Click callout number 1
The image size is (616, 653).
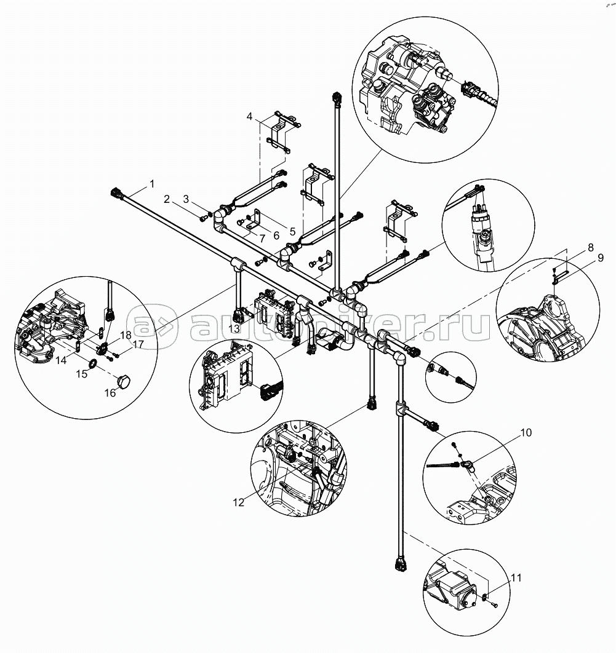tap(152, 184)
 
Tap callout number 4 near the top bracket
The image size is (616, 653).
tap(249, 116)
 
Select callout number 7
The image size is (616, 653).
tap(262, 239)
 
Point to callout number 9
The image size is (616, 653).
tap(600, 258)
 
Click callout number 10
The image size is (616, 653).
tap(526, 433)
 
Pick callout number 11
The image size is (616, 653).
tap(516, 577)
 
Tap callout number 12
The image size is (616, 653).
tap(238, 502)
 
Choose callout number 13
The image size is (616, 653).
tap(234, 328)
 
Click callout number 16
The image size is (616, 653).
tap(110, 393)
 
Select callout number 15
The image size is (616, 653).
tap(82, 374)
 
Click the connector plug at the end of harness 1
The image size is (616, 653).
tap(116, 194)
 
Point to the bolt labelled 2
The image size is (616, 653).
tap(204, 218)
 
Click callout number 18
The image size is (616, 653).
tap(126, 335)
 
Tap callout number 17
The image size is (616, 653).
tap(138, 344)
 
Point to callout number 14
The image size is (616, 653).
tap(62, 360)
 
